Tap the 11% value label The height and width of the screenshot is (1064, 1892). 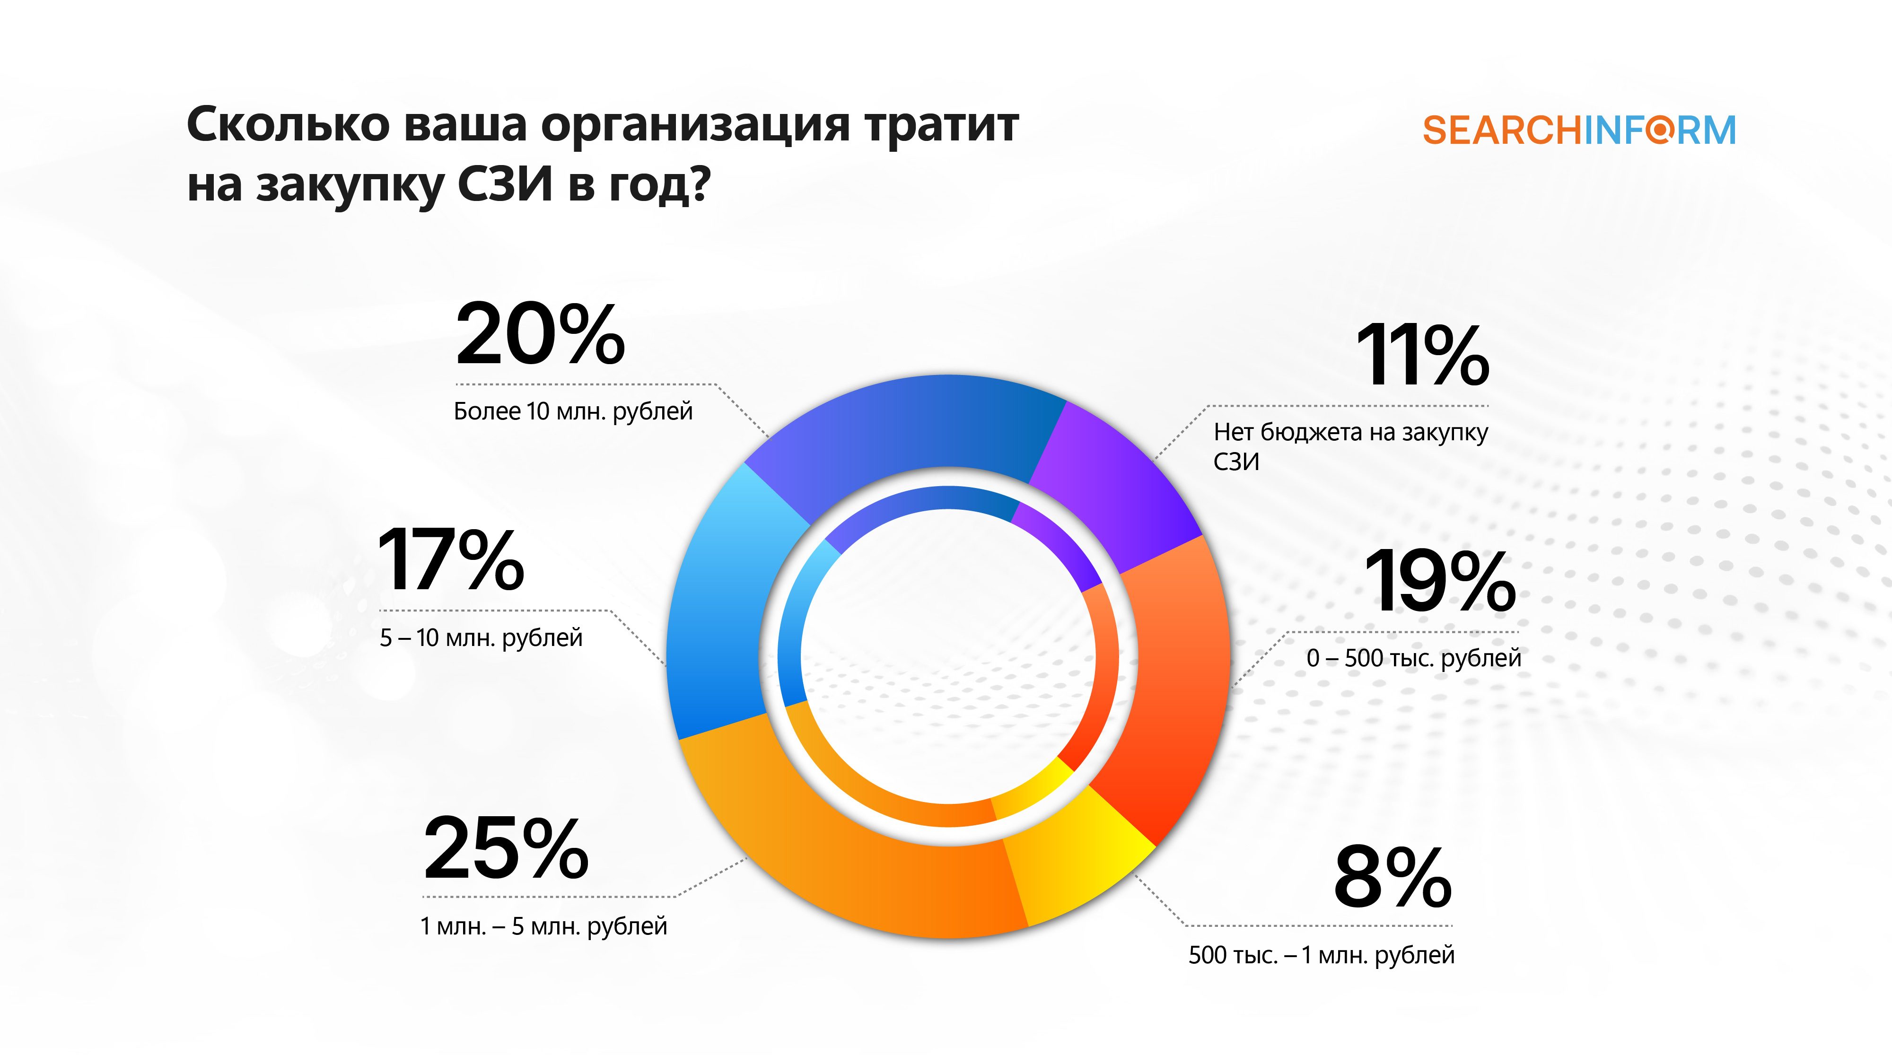point(1423,356)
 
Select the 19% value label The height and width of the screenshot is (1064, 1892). point(1439,582)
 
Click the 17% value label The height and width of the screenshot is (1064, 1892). point(451,560)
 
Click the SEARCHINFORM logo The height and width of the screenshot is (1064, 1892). point(1579,131)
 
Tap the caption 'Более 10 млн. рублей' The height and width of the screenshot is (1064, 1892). point(573,411)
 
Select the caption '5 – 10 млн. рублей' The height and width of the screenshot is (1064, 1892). point(481,637)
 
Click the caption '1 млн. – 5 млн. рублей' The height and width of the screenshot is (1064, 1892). point(543,926)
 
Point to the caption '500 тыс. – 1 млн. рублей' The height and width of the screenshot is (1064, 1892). point(1321,955)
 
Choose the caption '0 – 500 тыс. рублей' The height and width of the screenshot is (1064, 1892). point(1414,658)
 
